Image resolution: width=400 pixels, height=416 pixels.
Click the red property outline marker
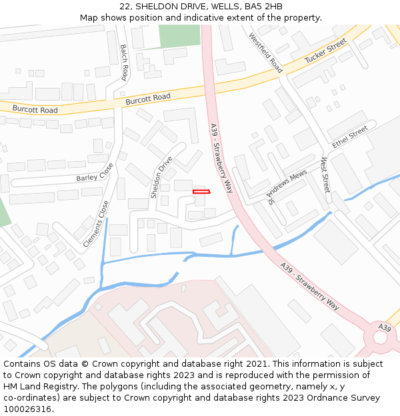tap(201, 192)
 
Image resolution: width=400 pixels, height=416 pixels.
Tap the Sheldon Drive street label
tap(161, 177)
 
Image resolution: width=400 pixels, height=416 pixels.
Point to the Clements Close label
tap(95, 224)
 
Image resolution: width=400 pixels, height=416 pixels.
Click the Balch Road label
tap(124, 63)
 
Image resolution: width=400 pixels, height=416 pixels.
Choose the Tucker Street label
tap(326, 51)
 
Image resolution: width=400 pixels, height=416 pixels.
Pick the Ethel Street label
tap(350, 136)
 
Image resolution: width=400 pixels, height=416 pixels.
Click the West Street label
tap(325, 175)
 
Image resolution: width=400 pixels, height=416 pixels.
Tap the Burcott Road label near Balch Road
tap(148, 99)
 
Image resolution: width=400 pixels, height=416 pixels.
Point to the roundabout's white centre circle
tap(380, 337)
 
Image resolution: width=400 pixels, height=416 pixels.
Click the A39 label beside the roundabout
tap(385, 327)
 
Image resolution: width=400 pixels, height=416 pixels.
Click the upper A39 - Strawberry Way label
tap(222, 158)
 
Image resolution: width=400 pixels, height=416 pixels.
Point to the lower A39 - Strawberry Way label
tap(309, 286)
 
